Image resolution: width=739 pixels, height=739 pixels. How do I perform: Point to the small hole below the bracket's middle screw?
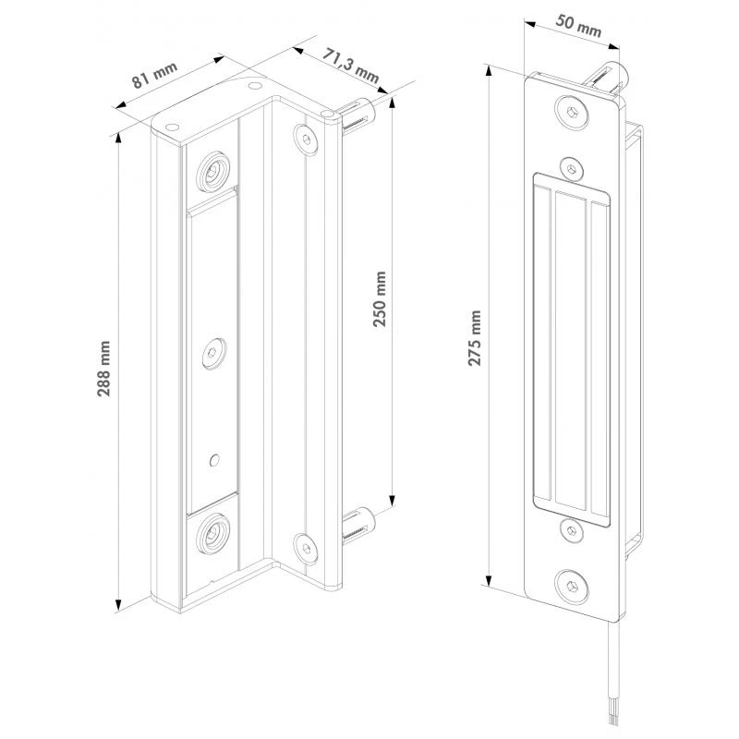pyautogui.click(x=214, y=457)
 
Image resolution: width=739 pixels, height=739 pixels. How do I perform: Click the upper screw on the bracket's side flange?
pyautogui.click(x=304, y=137)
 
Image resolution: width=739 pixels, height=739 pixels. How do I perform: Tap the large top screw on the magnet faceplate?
pyautogui.click(x=573, y=112)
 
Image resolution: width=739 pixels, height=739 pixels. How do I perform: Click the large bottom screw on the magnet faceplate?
pyautogui.click(x=573, y=584)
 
